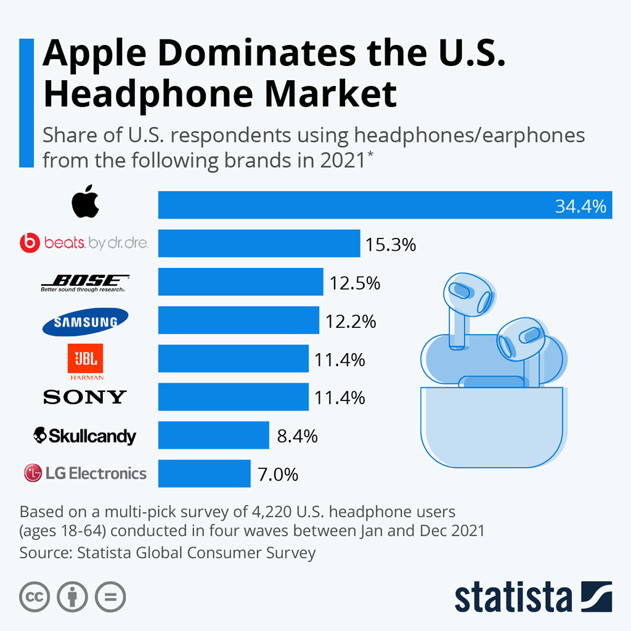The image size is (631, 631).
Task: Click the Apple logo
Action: [85, 202]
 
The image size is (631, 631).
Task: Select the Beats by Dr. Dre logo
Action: [84, 243]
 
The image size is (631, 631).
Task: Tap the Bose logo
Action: [84, 283]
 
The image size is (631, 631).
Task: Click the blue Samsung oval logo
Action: [85, 321]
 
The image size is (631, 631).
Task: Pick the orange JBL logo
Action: [85, 361]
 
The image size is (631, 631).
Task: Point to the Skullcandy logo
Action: [84, 436]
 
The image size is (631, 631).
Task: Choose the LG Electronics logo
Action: [85, 473]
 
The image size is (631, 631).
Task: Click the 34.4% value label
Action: [580, 206]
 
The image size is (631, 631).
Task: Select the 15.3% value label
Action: [391, 245]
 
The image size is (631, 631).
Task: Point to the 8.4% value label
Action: [297, 436]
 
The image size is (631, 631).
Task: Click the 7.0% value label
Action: [278, 474]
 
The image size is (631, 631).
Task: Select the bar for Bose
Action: [240, 282]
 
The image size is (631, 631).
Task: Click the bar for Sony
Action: [233, 397]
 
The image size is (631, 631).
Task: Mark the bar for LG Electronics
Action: [204, 474]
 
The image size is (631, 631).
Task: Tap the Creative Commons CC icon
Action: [35, 596]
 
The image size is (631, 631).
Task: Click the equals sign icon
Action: [110, 596]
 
